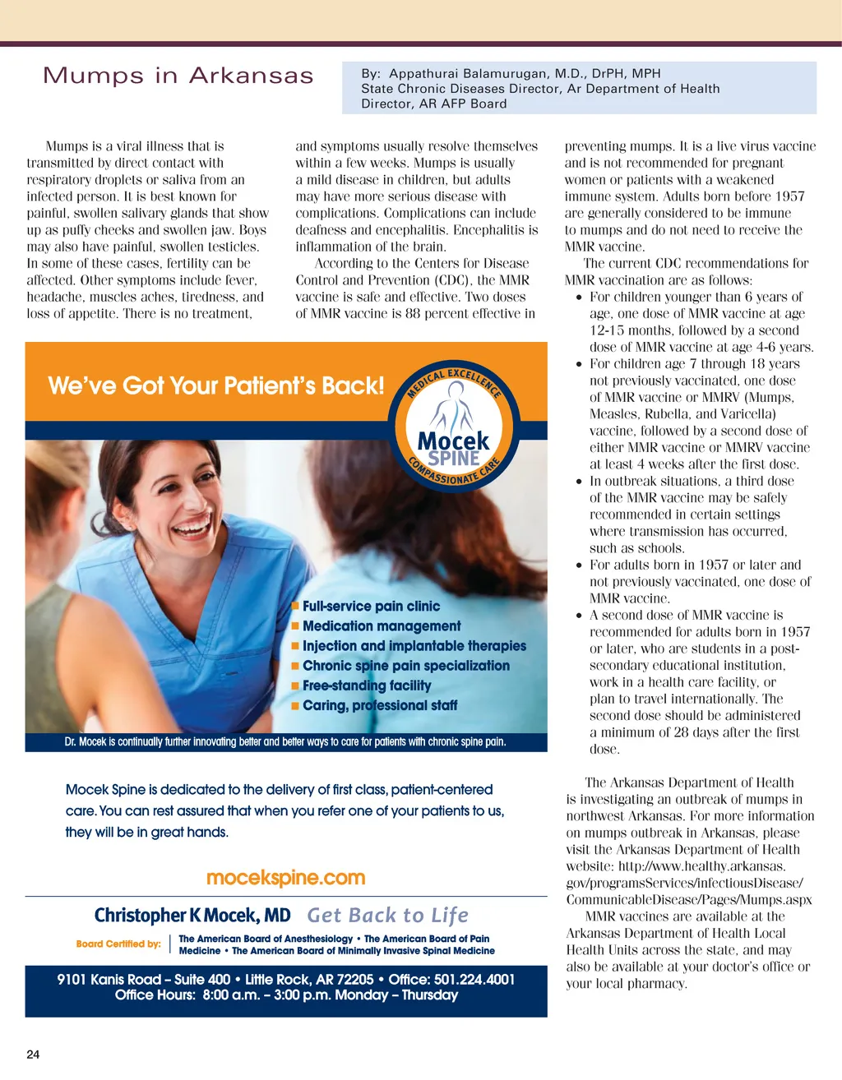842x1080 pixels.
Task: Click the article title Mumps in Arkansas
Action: click(178, 76)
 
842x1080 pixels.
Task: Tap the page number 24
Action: click(33, 1055)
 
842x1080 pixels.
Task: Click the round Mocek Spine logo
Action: click(454, 422)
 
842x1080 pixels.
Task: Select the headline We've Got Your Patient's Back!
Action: click(216, 385)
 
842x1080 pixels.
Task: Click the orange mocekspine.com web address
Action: click(285, 878)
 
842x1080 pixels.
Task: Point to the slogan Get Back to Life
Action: click(387, 916)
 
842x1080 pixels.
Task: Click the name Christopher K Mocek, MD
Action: click(192, 916)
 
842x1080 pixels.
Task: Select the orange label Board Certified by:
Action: click(118, 944)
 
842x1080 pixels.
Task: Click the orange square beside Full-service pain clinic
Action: click(295, 607)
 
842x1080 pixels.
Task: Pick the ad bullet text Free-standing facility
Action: click(367, 685)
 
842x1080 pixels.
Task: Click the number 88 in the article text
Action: click(414, 313)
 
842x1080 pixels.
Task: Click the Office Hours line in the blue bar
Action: click(286, 995)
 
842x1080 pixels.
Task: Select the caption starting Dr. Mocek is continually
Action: click(285, 741)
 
